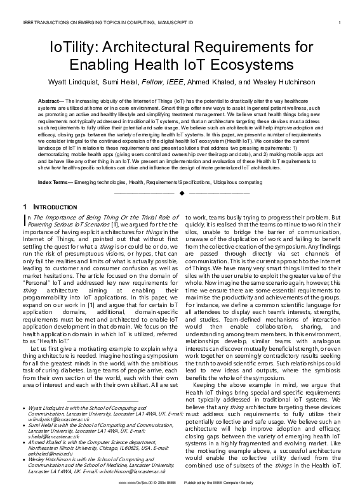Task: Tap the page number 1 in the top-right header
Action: pyautogui.click(x=340, y=23)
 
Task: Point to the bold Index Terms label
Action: pyautogui.click(x=55, y=182)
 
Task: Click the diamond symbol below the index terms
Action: pyautogui.click(x=181, y=192)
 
